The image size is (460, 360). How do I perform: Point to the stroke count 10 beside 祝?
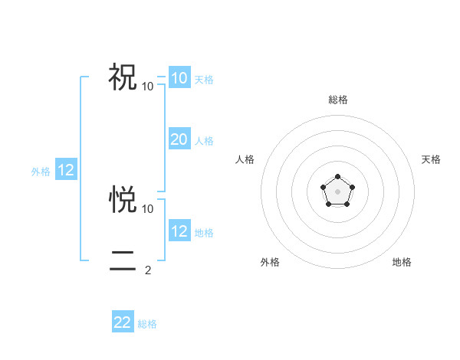click(148, 86)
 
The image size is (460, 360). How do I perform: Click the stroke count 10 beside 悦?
click(148, 208)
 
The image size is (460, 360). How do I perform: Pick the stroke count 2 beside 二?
click(148, 270)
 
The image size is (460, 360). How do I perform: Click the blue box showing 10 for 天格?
click(179, 78)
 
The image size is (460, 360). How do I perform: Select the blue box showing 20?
click(179, 139)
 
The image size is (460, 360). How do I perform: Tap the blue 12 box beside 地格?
click(179, 231)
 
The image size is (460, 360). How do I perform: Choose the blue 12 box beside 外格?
click(65, 170)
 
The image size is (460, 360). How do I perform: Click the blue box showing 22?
click(123, 322)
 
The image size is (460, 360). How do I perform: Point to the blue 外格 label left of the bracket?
click(41, 172)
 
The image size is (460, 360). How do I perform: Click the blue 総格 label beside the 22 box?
click(147, 324)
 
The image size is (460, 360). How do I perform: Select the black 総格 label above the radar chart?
click(337, 100)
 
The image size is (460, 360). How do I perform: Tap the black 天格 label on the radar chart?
click(431, 159)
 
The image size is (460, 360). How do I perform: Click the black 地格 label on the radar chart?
click(402, 262)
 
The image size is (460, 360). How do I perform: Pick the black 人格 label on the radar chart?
click(245, 159)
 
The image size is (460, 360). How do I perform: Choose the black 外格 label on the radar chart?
click(270, 262)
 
